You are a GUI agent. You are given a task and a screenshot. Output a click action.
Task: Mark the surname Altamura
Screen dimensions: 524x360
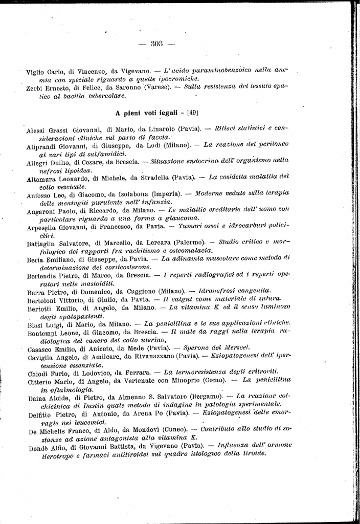click(41, 179)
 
